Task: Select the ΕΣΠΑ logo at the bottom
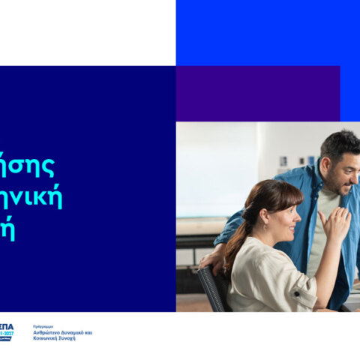7,332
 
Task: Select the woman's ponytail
236,244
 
